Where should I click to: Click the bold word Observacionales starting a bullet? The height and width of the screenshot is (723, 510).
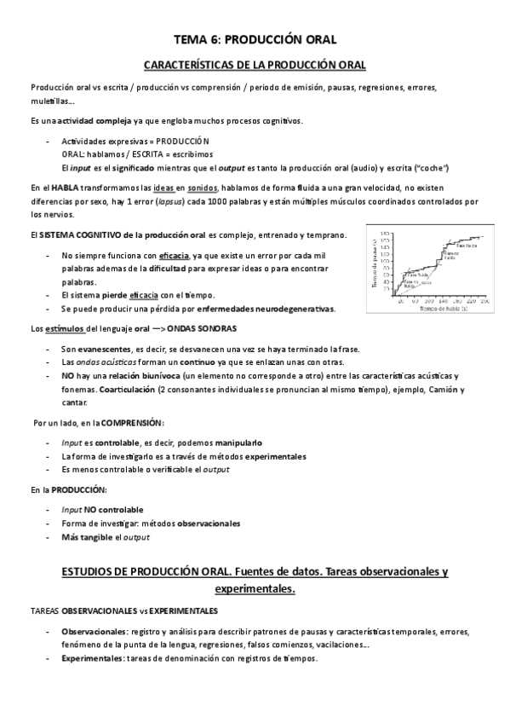pos(94,632)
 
